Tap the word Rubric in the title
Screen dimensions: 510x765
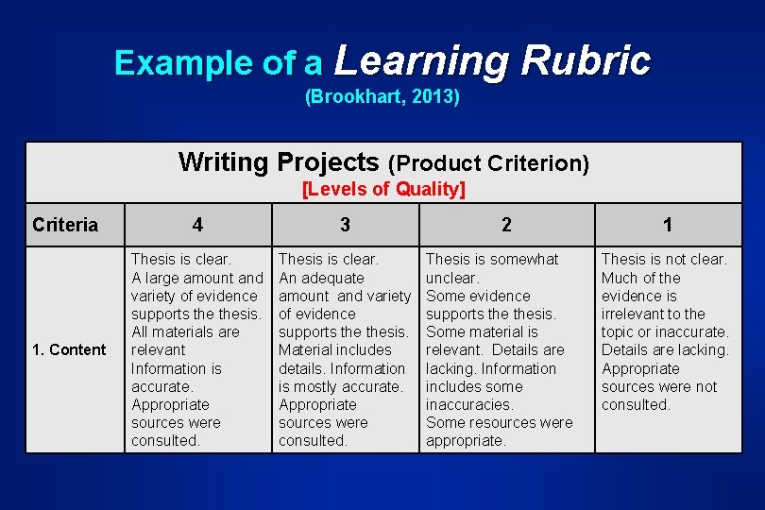pos(586,60)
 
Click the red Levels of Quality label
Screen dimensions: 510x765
pos(383,189)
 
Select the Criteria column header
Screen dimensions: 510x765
pos(65,225)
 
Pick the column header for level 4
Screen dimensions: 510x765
pos(196,225)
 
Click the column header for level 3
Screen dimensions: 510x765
pos(345,225)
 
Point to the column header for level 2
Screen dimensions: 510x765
pos(507,225)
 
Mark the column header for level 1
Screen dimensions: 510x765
pos(668,225)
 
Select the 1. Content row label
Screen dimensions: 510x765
pos(69,350)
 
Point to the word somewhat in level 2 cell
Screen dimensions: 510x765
pos(525,259)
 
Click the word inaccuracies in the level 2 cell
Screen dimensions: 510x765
pos(468,405)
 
